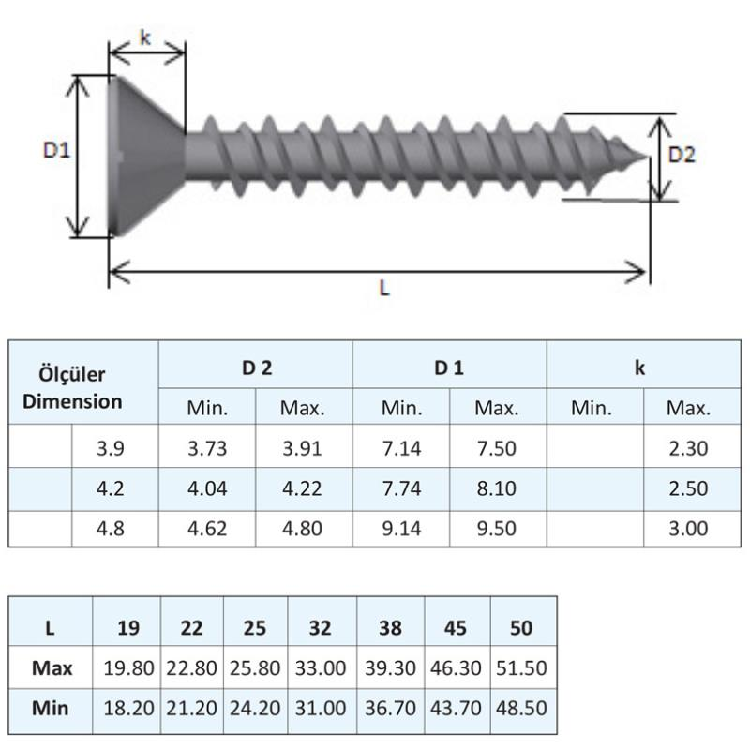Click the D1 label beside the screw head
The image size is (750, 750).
[56, 151]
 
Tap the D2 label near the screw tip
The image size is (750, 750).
[682, 155]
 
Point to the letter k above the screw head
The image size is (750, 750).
[145, 37]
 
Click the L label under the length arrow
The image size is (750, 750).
[384, 289]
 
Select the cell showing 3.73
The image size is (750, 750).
[207, 449]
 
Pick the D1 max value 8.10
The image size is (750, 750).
[497, 488]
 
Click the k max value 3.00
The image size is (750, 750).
[688, 529]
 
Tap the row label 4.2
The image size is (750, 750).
[111, 488]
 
